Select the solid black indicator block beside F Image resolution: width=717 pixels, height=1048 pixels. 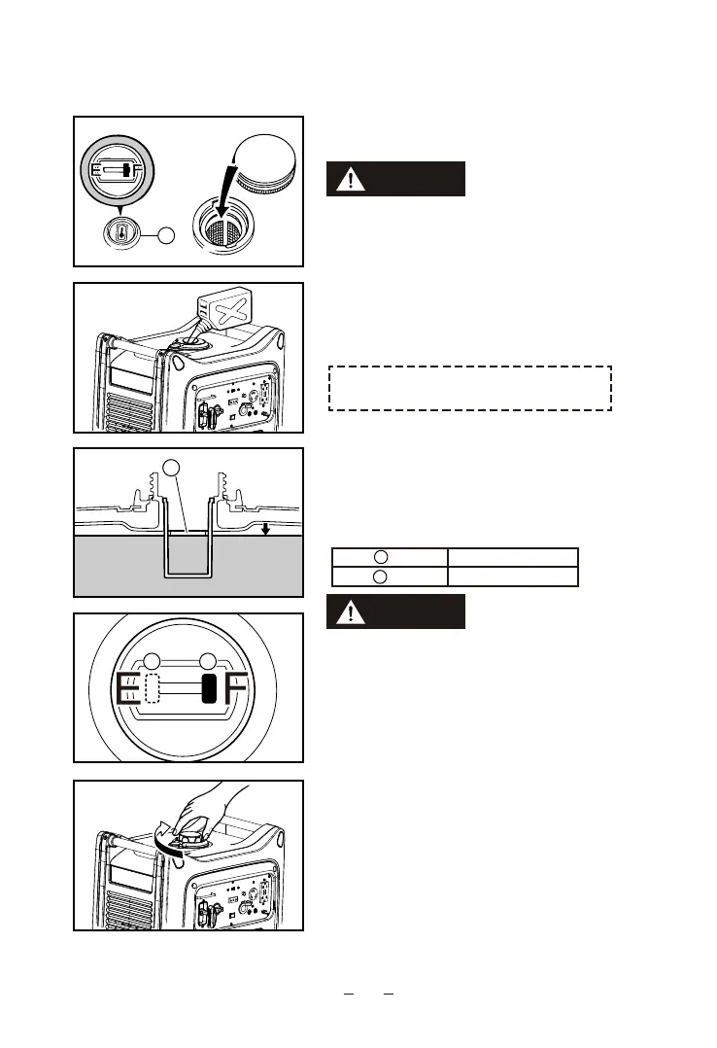(208, 688)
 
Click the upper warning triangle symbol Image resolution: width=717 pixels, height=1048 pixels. (350, 179)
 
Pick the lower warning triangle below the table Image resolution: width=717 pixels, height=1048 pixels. (350, 612)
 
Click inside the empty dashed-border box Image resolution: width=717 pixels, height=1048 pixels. (470, 388)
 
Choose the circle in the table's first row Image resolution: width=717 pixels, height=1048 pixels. (381, 557)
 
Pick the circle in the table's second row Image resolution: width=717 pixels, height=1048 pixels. (381, 576)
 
